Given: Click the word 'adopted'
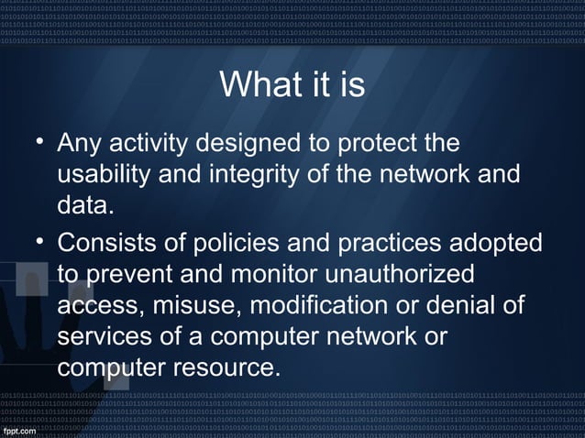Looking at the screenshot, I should (x=502, y=243).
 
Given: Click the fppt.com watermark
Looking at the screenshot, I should (x=21, y=428).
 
